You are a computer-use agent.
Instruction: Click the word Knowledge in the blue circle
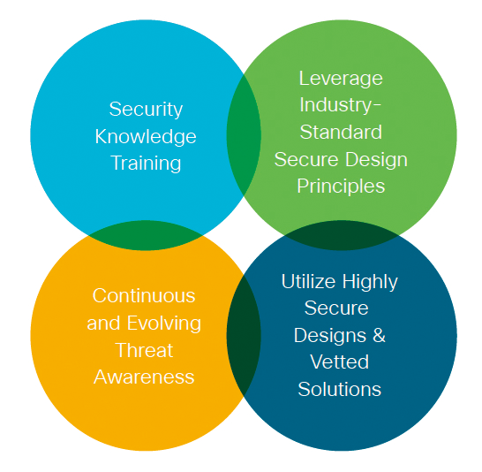pyautogui.click(x=146, y=137)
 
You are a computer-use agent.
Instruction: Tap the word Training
pyautogui.click(x=146, y=163)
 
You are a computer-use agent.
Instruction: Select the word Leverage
pyautogui.click(x=341, y=80)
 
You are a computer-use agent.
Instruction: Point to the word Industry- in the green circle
pyautogui.click(x=340, y=105)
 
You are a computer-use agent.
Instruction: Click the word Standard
pyautogui.click(x=341, y=132)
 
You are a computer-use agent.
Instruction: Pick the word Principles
pyautogui.click(x=341, y=187)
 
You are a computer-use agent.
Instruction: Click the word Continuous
pyautogui.click(x=144, y=296)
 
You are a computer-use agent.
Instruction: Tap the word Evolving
pyautogui.click(x=164, y=324)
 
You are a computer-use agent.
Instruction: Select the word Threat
pyautogui.click(x=144, y=350)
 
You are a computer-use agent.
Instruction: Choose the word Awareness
pyautogui.click(x=144, y=377)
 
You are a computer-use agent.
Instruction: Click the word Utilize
pyautogui.click(x=308, y=281)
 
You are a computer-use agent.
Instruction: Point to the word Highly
pyautogui.click(x=370, y=283)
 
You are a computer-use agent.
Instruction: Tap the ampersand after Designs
pyautogui.click(x=379, y=335)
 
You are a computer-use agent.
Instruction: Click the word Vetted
pyautogui.click(x=339, y=362)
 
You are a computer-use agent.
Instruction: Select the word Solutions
pyautogui.click(x=339, y=389)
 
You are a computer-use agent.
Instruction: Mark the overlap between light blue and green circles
pyautogui.click(x=244, y=135)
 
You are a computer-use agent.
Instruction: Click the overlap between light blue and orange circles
pyautogui.click(x=145, y=235)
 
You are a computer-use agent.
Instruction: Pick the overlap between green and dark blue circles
pyautogui.click(x=342, y=235)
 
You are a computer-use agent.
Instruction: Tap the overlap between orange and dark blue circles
pyautogui.click(x=244, y=335)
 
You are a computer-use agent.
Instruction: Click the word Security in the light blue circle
pyautogui.click(x=146, y=110)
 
